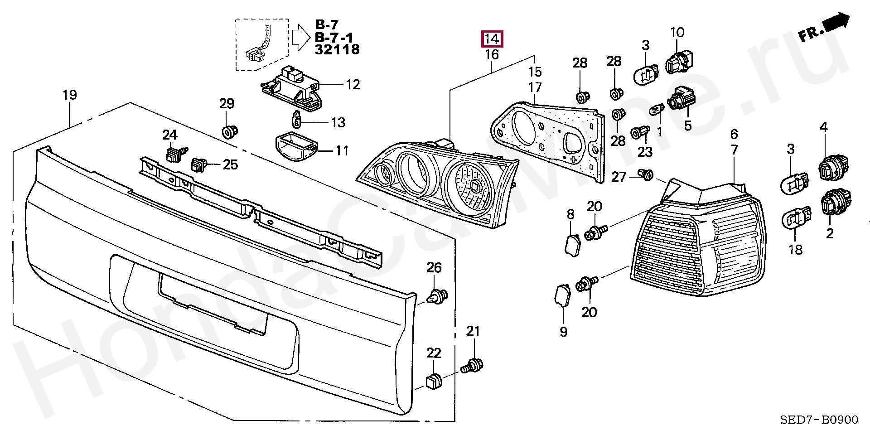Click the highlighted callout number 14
tap(492, 39)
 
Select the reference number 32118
tap(337, 49)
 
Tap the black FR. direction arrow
tap(836, 24)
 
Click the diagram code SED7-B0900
tap(819, 420)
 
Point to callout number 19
tap(69, 95)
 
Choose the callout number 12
tap(353, 85)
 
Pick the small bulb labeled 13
tap(297, 120)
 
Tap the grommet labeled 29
tap(229, 131)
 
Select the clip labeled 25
tap(199, 165)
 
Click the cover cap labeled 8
tap(572, 244)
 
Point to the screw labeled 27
tap(646, 174)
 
